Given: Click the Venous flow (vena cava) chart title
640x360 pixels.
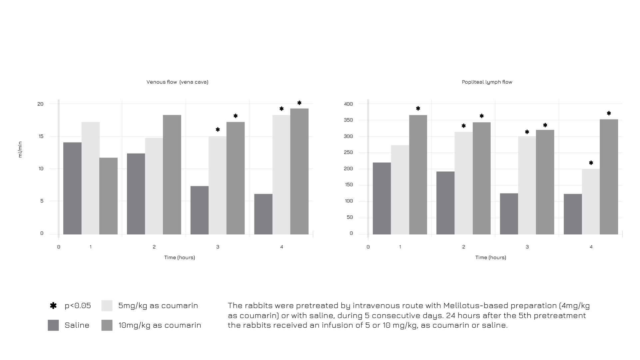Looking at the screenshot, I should (177, 82).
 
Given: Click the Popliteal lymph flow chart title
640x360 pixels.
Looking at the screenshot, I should (487, 82).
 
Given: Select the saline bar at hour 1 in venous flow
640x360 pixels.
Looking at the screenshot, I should (72, 188).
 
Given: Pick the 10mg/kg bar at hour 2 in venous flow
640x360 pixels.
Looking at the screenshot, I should (172, 175).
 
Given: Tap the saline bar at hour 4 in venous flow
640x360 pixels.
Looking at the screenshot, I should (263, 214).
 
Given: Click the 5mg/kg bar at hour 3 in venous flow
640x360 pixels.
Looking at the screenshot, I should (218, 185).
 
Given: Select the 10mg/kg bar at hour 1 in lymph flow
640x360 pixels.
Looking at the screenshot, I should (418, 175).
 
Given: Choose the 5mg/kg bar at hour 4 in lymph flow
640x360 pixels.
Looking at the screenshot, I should (591, 201).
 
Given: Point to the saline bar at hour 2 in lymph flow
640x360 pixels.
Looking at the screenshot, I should (445, 203).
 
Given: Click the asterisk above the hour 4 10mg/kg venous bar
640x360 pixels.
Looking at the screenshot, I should (299, 103).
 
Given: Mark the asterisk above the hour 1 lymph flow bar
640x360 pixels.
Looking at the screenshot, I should (418, 109).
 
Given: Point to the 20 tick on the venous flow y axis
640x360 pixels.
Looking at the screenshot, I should (40, 104).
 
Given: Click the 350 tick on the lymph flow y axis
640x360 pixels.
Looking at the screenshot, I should (348, 120).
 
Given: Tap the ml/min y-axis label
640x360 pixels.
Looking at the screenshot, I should (20, 150).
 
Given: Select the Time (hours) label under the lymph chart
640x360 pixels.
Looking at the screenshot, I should (490, 257).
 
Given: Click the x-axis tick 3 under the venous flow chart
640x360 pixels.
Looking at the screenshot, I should (218, 247).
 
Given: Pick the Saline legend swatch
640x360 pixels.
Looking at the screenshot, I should (53, 325).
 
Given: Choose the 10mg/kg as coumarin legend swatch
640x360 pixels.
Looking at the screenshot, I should (107, 325).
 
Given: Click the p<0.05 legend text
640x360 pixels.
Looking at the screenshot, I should (78, 306).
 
